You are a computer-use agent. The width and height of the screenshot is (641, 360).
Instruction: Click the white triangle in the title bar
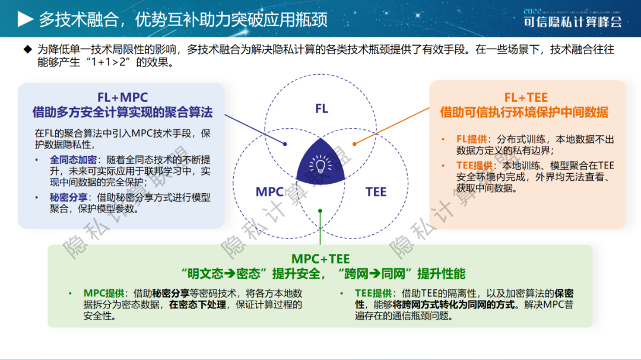tap(25, 19)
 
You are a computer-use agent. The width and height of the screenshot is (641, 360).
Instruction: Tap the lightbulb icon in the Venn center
tap(320, 165)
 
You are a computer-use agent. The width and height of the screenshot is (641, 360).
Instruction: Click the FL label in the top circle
tap(322, 109)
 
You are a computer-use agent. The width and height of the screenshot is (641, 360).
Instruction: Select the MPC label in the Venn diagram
tap(269, 192)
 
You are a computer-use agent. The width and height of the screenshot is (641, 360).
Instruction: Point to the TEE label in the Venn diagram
tap(376, 192)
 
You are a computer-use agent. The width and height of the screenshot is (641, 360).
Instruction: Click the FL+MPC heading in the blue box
tap(123, 97)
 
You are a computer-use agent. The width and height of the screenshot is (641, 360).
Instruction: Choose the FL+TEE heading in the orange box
tap(526, 97)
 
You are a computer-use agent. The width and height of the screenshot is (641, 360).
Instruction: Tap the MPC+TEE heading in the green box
tap(320, 259)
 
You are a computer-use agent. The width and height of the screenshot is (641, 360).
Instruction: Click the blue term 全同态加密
tap(73, 160)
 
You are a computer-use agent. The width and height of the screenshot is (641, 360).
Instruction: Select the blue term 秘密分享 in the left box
tap(68, 197)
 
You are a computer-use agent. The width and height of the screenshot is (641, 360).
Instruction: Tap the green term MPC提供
tap(104, 294)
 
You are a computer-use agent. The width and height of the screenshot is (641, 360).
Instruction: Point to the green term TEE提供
tap(373, 294)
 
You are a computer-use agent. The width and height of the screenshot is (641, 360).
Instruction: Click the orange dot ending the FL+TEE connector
tap(354, 144)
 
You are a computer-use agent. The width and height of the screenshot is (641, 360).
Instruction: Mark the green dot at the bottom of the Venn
tap(320, 211)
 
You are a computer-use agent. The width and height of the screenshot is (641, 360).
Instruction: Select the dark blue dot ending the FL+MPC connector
tap(285, 144)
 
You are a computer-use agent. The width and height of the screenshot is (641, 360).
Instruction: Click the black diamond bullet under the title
tap(27, 49)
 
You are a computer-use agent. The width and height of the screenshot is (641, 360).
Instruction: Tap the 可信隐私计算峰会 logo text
tap(573, 22)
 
